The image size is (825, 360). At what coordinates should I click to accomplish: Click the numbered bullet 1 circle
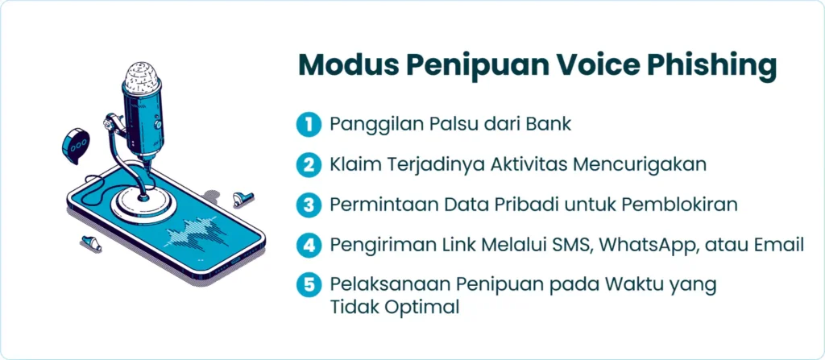tap(309, 125)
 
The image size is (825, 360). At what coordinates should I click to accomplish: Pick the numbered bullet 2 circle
tap(309, 165)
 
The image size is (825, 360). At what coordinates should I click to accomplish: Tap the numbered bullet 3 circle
tap(309, 205)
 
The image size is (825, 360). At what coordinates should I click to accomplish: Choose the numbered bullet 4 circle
tap(309, 245)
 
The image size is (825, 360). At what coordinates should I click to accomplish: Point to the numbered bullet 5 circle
tap(309, 285)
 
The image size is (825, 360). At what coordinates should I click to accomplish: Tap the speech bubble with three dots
tap(76, 145)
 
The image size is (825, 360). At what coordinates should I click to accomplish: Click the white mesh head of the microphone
tap(143, 78)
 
